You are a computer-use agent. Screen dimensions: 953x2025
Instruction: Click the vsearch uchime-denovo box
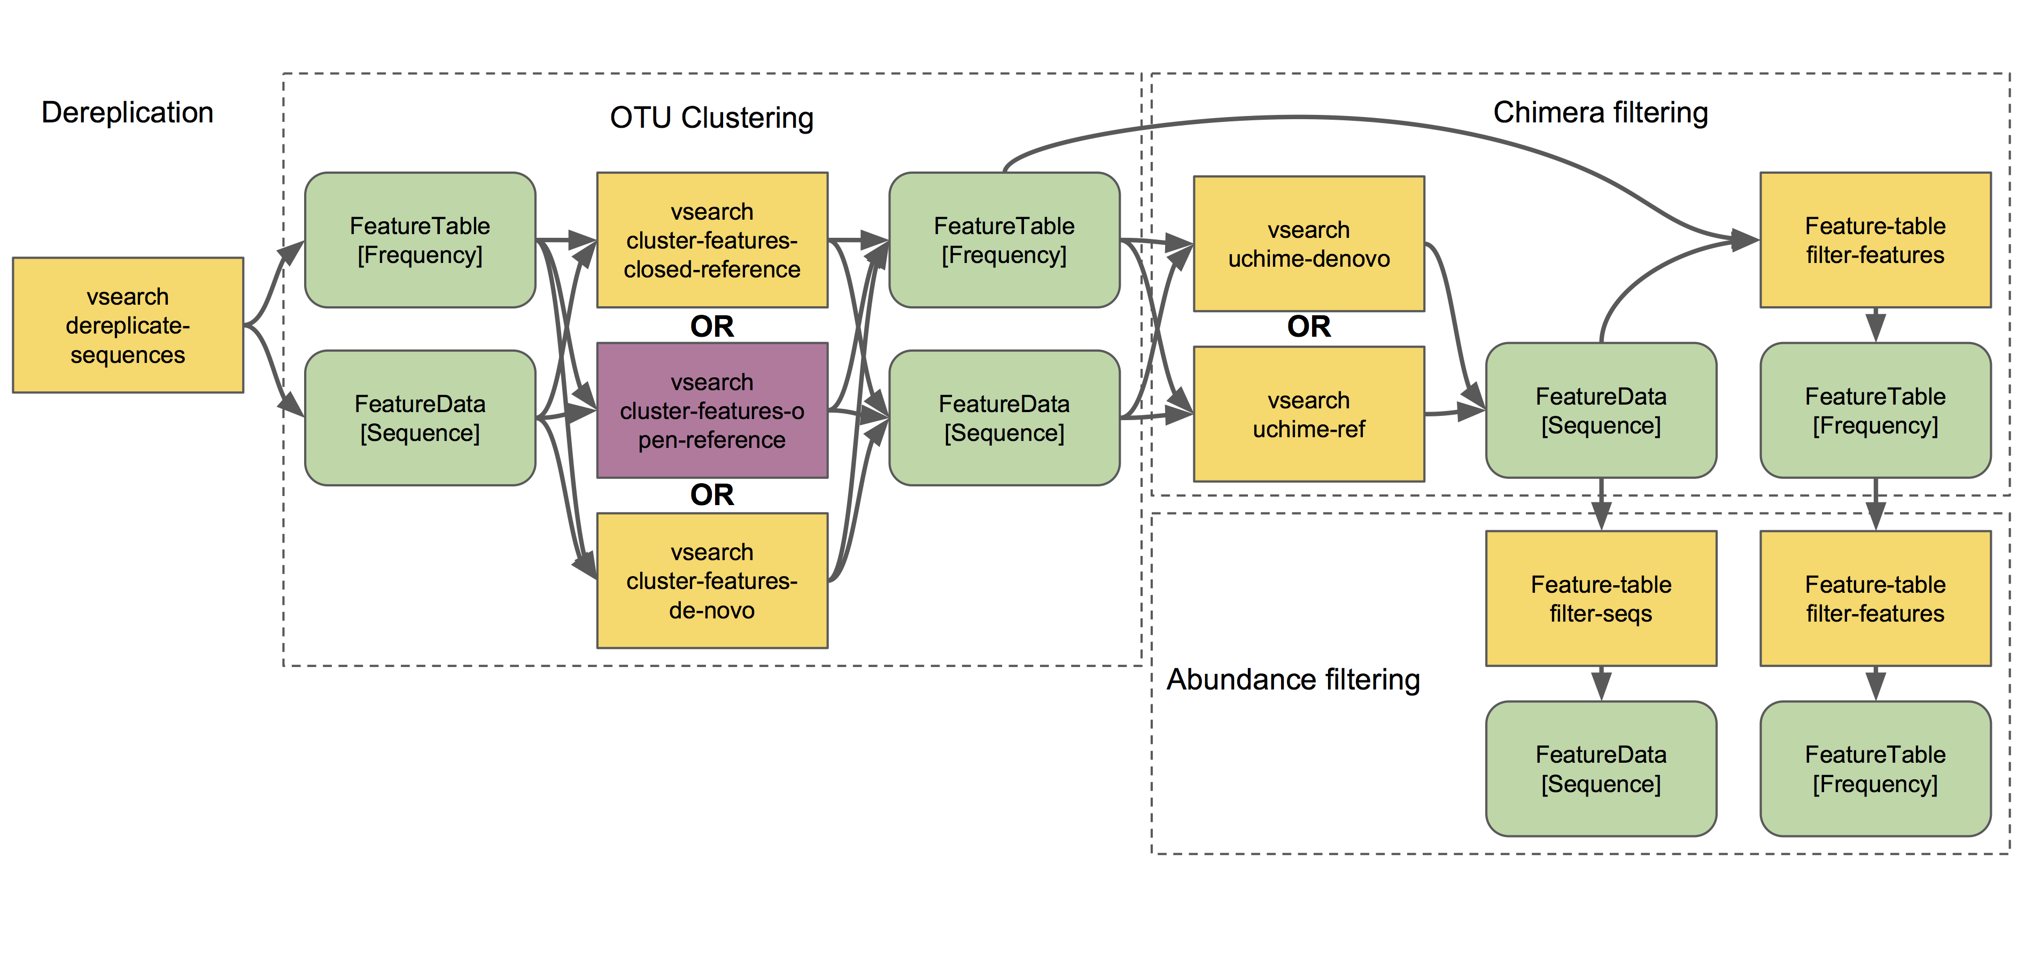pyautogui.click(x=1308, y=244)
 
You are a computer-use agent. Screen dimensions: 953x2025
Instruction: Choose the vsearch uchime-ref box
pyautogui.click(x=1308, y=414)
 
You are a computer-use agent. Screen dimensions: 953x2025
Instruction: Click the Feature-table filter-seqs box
pyautogui.click(x=1601, y=599)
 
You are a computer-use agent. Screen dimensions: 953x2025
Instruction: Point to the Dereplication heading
pyautogui.click(x=127, y=112)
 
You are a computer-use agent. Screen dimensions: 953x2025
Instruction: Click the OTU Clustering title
pyautogui.click(x=711, y=118)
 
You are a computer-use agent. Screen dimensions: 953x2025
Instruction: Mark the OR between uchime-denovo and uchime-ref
pyautogui.click(x=1308, y=326)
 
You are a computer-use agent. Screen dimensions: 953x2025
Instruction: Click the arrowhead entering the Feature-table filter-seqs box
pyautogui.click(x=1601, y=519)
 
